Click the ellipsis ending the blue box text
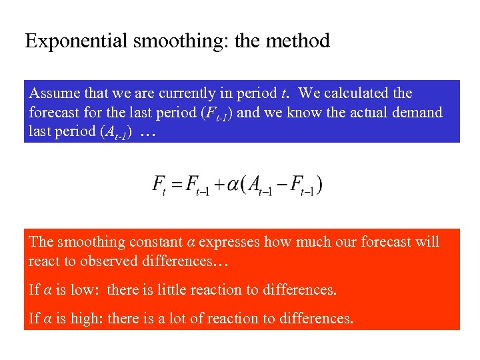[149, 132]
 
